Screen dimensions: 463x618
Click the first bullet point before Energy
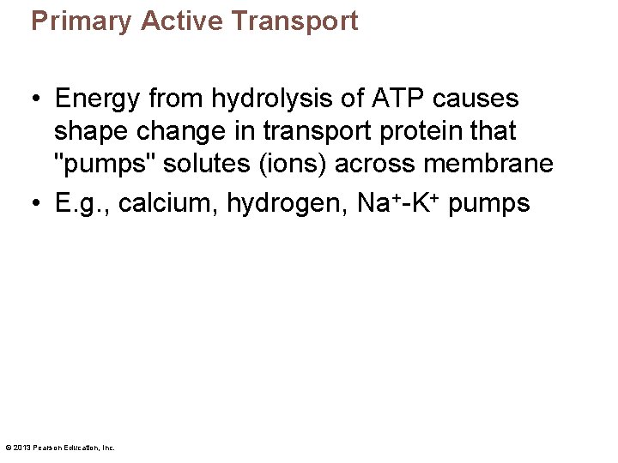tap(36, 100)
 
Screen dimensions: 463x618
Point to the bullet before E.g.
tap(36, 204)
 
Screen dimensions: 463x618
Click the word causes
tap(476, 99)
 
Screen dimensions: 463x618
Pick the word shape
tap(87, 133)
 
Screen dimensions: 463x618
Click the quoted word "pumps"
tap(94, 165)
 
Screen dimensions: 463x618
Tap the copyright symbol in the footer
tap(8, 448)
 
